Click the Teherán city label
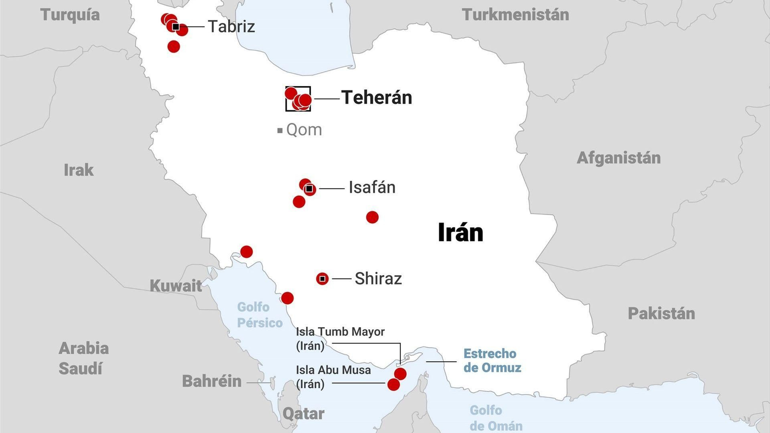pyautogui.click(x=376, y=98)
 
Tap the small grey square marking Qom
pyautogui.click(x=280, y=130)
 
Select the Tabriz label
pyautogui.click(x=231, y=26)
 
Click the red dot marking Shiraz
pyautogui.click(x=322, y=279)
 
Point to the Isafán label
pyautogui.click(x=372, y=188)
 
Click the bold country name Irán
pyautogui.click(x=460, y=233)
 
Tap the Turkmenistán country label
pyautogui.click(x=515, y=15)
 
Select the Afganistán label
pyautogui.click(x=618, y=158)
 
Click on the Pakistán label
pyautogui.click(x=661, y=314)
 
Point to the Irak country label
pyautogui.click(x=78, y=170)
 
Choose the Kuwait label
pyautogui.click(x=176, y=286)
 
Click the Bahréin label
pyautogui.click(x=212, y=382)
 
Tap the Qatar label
pyautogui.click(x=303, y=414)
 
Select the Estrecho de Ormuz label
pyautogui.click(x=492, y=361)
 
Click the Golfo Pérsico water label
pyautogui.click(x=259, y=315)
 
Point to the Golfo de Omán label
pyautogui.click(x=496, y=418)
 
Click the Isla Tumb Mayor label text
pyautogui.click(x=340, y=338)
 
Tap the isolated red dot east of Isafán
pyautogui.click(x=372, y=217)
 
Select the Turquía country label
pyautogui.click(x=70, y=15)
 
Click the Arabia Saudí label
pyautogui.click(x=83, y=358)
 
